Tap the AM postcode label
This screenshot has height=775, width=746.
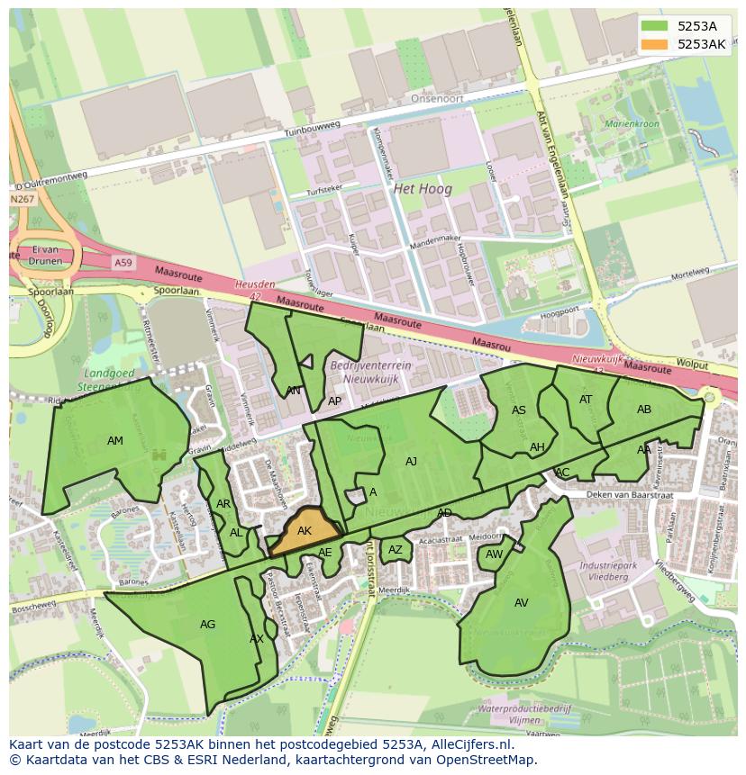(115, 441)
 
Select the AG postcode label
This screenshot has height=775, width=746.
(207, 625)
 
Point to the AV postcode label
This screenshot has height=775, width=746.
(522, 603)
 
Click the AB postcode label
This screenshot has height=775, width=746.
(644, 410)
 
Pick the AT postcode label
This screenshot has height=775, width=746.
(586, 400)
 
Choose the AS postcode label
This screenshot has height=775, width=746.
(518, 410)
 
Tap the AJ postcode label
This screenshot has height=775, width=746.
(411, 462)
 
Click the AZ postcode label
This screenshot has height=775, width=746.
(396, 550)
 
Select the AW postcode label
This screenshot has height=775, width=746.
(494, 554)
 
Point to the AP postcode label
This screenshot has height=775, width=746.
(334, 401)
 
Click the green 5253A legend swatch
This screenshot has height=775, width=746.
(655, 26)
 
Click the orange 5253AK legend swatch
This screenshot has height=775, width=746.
(655, 44)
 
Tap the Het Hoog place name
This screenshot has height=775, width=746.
(423, 190)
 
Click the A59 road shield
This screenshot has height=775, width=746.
(123, 262)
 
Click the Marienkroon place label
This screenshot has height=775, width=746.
(632, 123)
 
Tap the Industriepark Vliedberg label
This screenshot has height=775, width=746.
(604, 571)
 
